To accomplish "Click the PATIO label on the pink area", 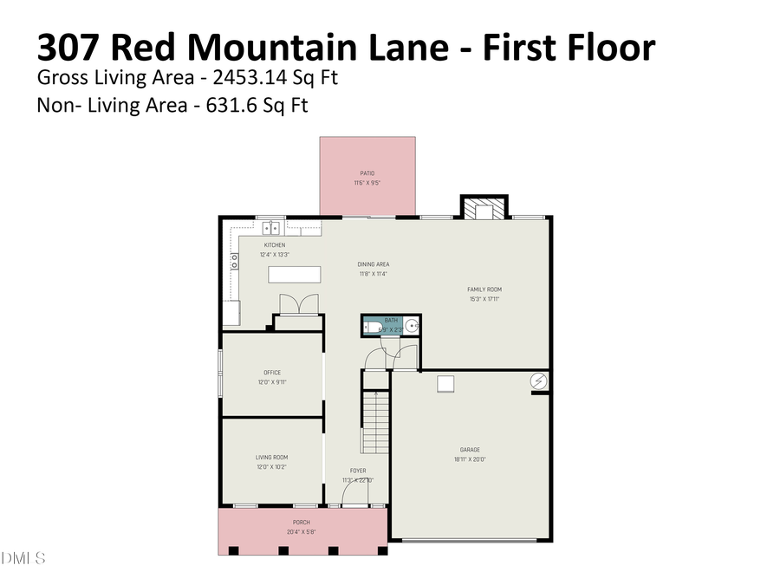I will pos(367,173).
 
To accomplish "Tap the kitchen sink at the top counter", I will pos(272,227).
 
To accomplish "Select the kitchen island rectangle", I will pos(294,275).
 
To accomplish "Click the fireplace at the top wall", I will pos(481,209).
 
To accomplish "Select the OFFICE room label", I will pos(272,373).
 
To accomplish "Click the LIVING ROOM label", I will pos(271,458).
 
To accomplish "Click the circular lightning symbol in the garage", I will pos(538,380).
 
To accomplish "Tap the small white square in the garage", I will pos(446,383).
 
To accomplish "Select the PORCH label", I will pos(301,523).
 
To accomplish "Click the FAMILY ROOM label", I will pos(484,289).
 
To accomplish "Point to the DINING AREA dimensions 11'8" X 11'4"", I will pos(373,274).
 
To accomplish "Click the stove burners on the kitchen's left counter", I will pos(234,262).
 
